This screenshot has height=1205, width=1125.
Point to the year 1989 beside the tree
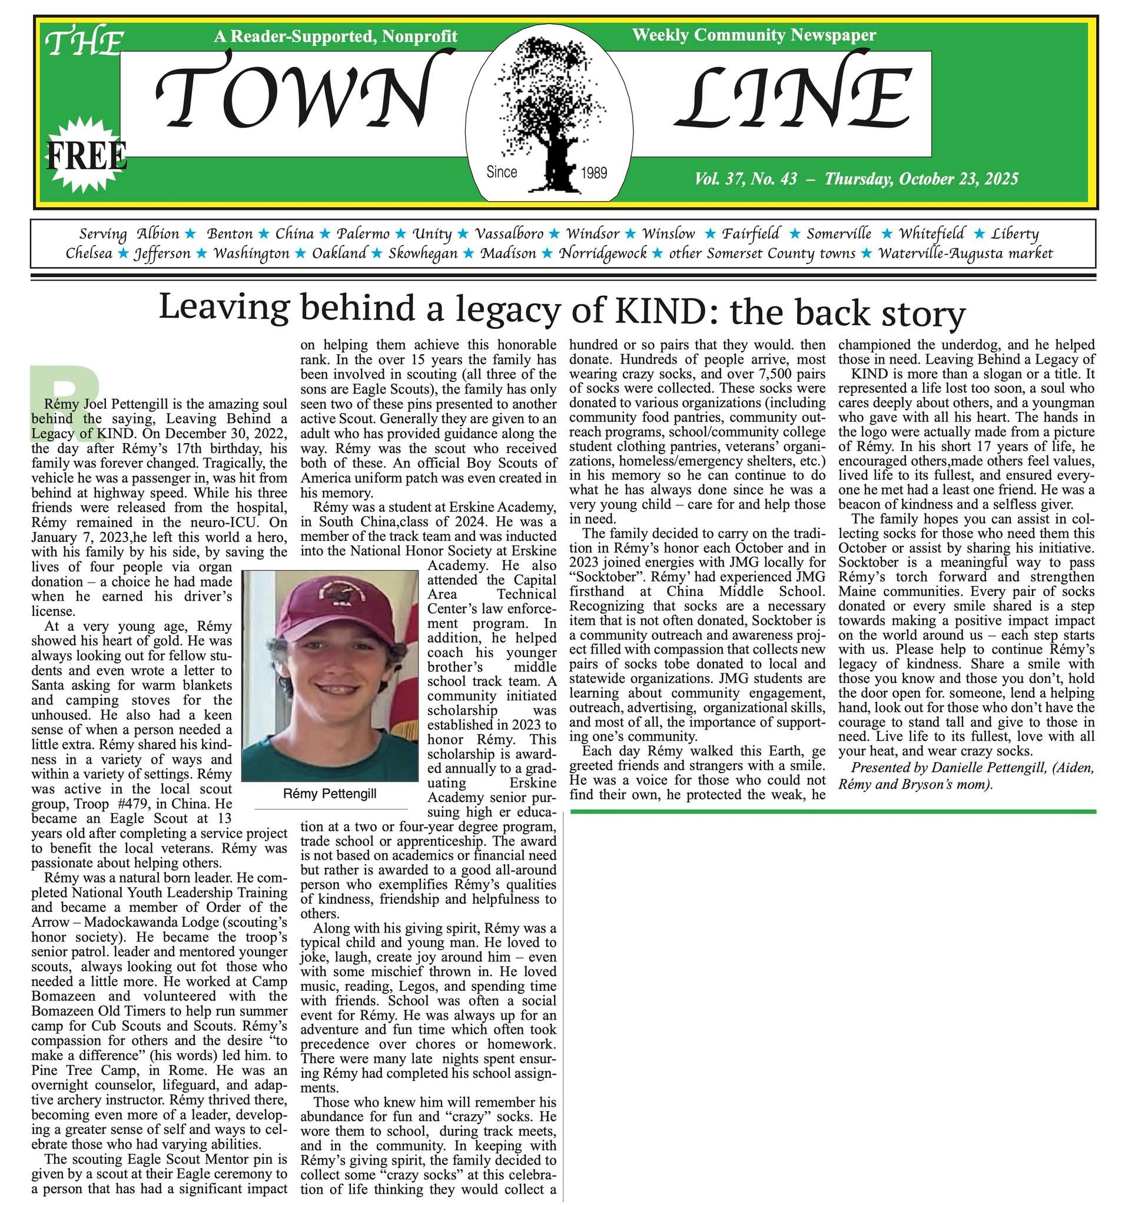point(594,174)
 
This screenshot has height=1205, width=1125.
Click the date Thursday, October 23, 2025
point(921,179)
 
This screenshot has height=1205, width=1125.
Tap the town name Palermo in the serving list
point(363,234)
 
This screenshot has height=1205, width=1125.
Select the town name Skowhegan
point(423,254)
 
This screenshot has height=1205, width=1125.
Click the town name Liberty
point(1015,234)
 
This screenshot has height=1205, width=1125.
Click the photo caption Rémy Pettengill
point(330,794)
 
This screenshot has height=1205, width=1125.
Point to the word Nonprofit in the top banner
point(420,37)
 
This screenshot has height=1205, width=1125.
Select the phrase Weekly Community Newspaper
point(754,35)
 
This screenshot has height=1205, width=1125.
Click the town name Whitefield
point(931,234)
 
